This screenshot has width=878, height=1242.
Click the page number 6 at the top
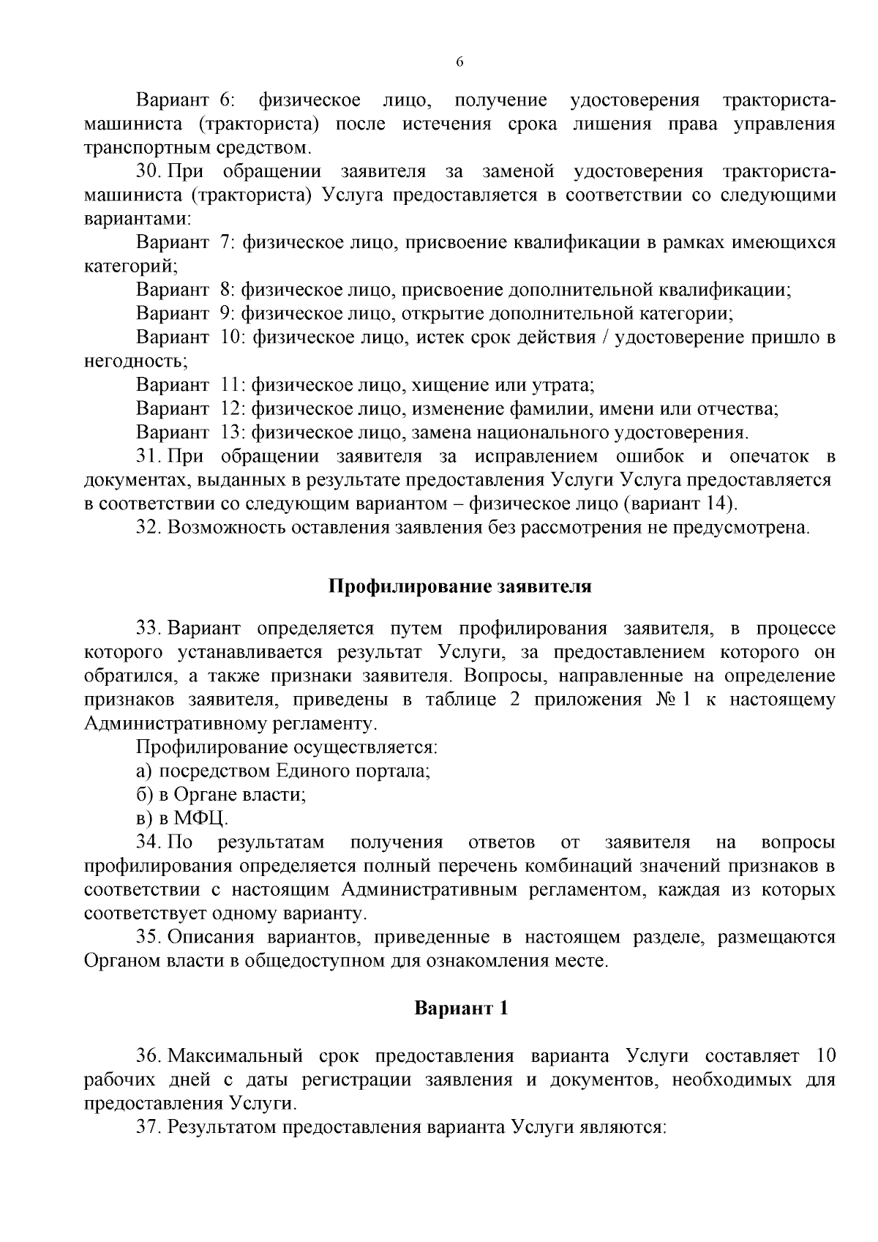459,63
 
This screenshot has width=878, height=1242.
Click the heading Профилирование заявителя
459,587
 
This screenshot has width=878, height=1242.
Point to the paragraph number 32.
149,527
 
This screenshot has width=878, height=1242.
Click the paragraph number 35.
149,937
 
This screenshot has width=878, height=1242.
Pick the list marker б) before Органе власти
143,794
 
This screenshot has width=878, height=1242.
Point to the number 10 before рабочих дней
824,1056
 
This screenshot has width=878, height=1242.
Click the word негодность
135,361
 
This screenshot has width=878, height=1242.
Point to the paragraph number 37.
149,1127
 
